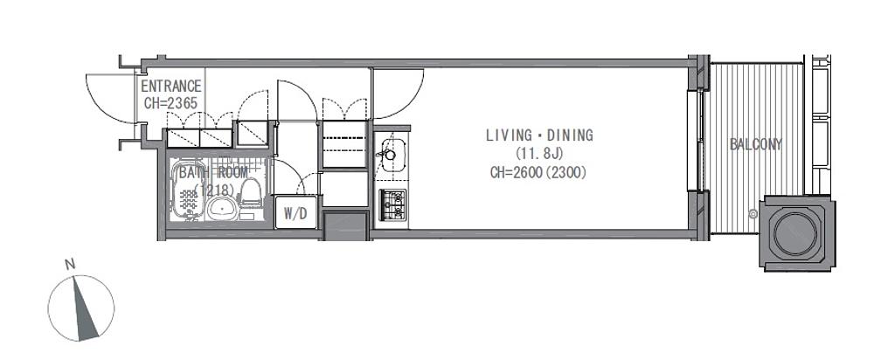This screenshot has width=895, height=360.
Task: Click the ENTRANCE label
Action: (171, 87)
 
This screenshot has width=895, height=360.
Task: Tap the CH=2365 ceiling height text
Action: (170, 103)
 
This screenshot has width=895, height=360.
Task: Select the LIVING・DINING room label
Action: (539, 135)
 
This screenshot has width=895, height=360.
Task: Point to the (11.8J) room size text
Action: (539, 154)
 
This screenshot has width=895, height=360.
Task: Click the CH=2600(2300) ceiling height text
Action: (538, 172)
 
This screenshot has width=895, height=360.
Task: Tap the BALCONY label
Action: (756, 144)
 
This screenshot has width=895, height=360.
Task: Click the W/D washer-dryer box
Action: (295, 213)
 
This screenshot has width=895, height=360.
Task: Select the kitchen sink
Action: (393, 154)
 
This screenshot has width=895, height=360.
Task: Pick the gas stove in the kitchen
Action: (393, 204)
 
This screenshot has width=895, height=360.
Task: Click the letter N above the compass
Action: (70, 265)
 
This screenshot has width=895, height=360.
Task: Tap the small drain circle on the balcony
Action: (753, 215)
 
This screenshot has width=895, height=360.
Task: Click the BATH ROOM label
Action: (213, 173)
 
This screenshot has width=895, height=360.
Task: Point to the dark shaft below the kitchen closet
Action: (346, 226)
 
